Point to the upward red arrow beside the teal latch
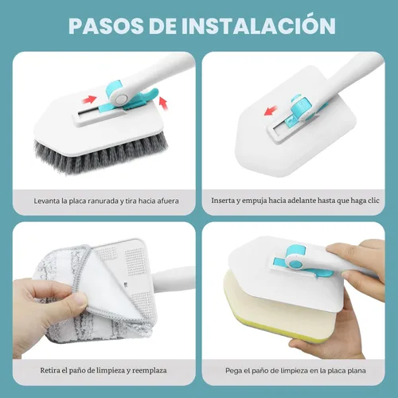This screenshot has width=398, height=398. click(164, 101)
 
